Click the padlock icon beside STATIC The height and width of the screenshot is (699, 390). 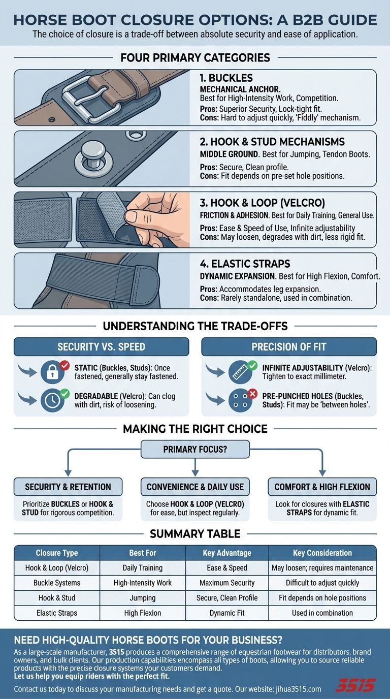53,372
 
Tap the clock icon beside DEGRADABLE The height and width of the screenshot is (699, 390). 53,400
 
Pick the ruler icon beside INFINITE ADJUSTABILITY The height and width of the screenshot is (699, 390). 241,372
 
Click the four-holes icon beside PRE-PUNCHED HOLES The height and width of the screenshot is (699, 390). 241,400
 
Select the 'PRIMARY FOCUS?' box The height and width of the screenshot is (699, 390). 195,449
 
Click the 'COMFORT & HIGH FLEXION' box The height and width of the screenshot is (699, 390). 322,487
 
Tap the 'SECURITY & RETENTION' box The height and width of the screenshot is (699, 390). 68,487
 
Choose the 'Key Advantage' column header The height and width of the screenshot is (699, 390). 227,553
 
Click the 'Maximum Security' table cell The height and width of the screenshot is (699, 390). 227,583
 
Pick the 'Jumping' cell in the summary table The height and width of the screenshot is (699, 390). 142,598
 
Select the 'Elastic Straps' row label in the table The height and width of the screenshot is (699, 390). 57,613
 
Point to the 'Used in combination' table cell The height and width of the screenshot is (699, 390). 322,613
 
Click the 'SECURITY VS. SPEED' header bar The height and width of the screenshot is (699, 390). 101,347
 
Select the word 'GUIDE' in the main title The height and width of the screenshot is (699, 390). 349,20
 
